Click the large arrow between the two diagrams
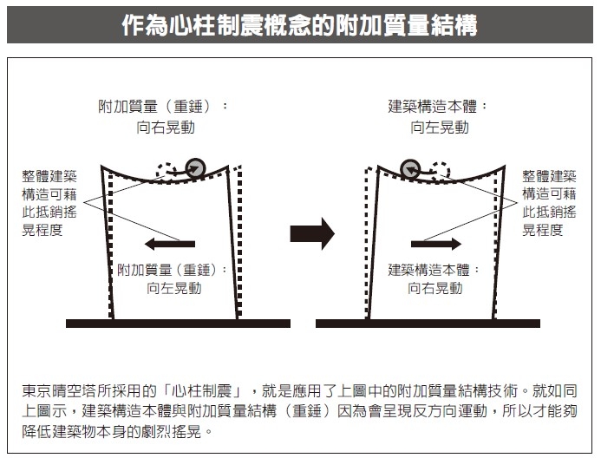[x=311, y=233]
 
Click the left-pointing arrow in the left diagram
[x=170, y=243]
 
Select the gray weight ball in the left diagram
[x=197, y=168]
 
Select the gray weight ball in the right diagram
[x=410, y=168]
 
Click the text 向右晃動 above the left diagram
[x=166, y=128]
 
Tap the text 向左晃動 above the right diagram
[x=440, y=128]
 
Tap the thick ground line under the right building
[x=428, y=324]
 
